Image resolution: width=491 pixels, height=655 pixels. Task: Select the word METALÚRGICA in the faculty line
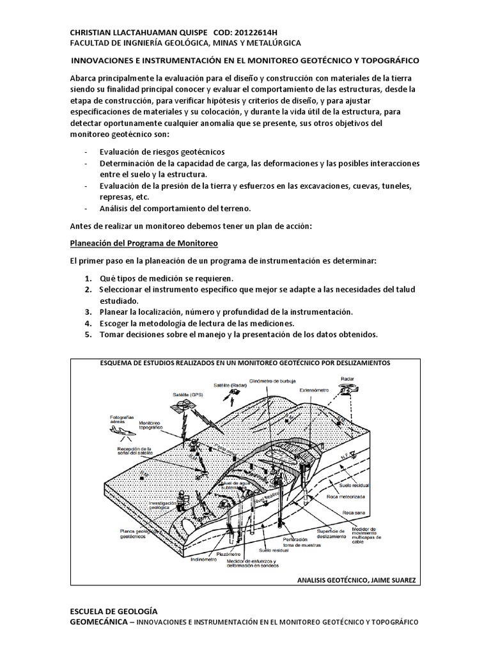(262, 43)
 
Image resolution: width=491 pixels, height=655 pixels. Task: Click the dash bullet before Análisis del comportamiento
(86, 209)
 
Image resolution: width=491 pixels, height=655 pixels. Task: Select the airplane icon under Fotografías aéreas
(122, 432)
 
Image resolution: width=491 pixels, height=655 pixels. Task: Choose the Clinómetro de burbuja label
(274, 377)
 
